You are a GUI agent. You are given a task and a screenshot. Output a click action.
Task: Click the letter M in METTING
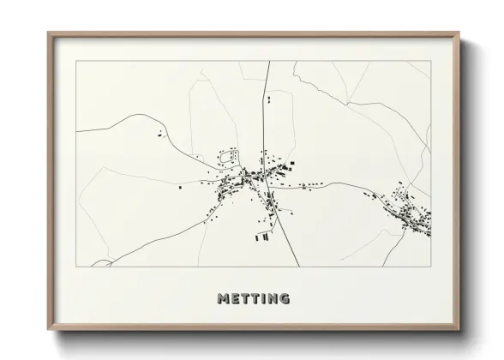(224, 299)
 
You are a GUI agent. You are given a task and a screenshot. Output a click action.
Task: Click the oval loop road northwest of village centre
(227, 157)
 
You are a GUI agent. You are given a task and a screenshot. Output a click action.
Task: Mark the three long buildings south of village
(260, 237)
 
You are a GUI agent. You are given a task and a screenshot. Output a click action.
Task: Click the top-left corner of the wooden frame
(48, 33)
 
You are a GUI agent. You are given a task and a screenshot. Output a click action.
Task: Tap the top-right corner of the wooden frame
(459, 33)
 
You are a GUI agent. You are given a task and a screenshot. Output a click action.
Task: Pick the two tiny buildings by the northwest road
(159, 134)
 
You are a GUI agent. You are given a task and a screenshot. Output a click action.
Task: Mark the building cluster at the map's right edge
(410, 209)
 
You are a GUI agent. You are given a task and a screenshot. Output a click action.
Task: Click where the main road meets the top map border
(270, 62)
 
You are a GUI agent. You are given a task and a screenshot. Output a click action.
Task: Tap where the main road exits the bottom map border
(298, 266)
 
